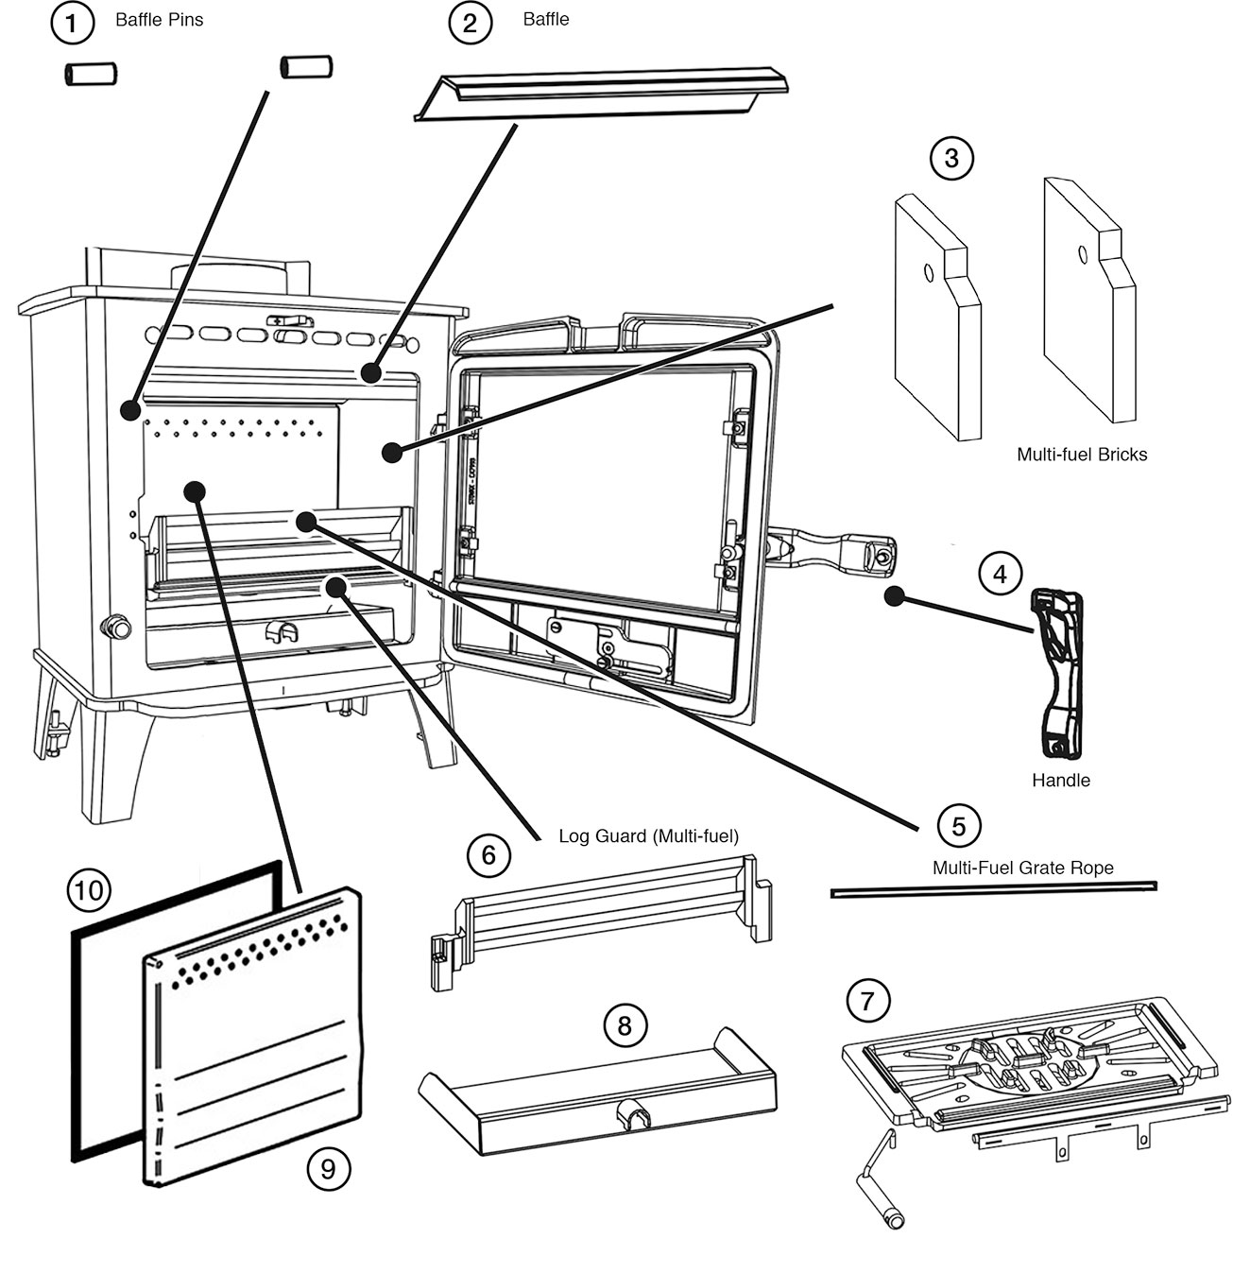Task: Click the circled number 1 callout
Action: tap(72, 23)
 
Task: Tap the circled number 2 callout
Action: tap(470, 23)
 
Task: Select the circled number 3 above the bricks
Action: tap(950, 158)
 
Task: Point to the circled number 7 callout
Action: tap(867, 1001)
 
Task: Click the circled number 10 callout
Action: tap(89, 889)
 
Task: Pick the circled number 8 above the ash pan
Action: tap(625, 1025)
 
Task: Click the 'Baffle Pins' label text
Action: tap(159, 20)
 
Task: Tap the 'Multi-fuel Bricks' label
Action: tap(1081, 455)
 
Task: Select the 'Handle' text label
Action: tap(1060, 781)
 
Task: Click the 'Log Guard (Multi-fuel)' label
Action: tap(648, 836)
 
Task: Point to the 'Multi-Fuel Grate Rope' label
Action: tap(1022, 868)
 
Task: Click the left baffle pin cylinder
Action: tap(90, 74)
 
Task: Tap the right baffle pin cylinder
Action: tap(305, 66)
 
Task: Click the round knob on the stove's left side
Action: tap(115, 626)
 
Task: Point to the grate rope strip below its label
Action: tap(992, 889)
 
